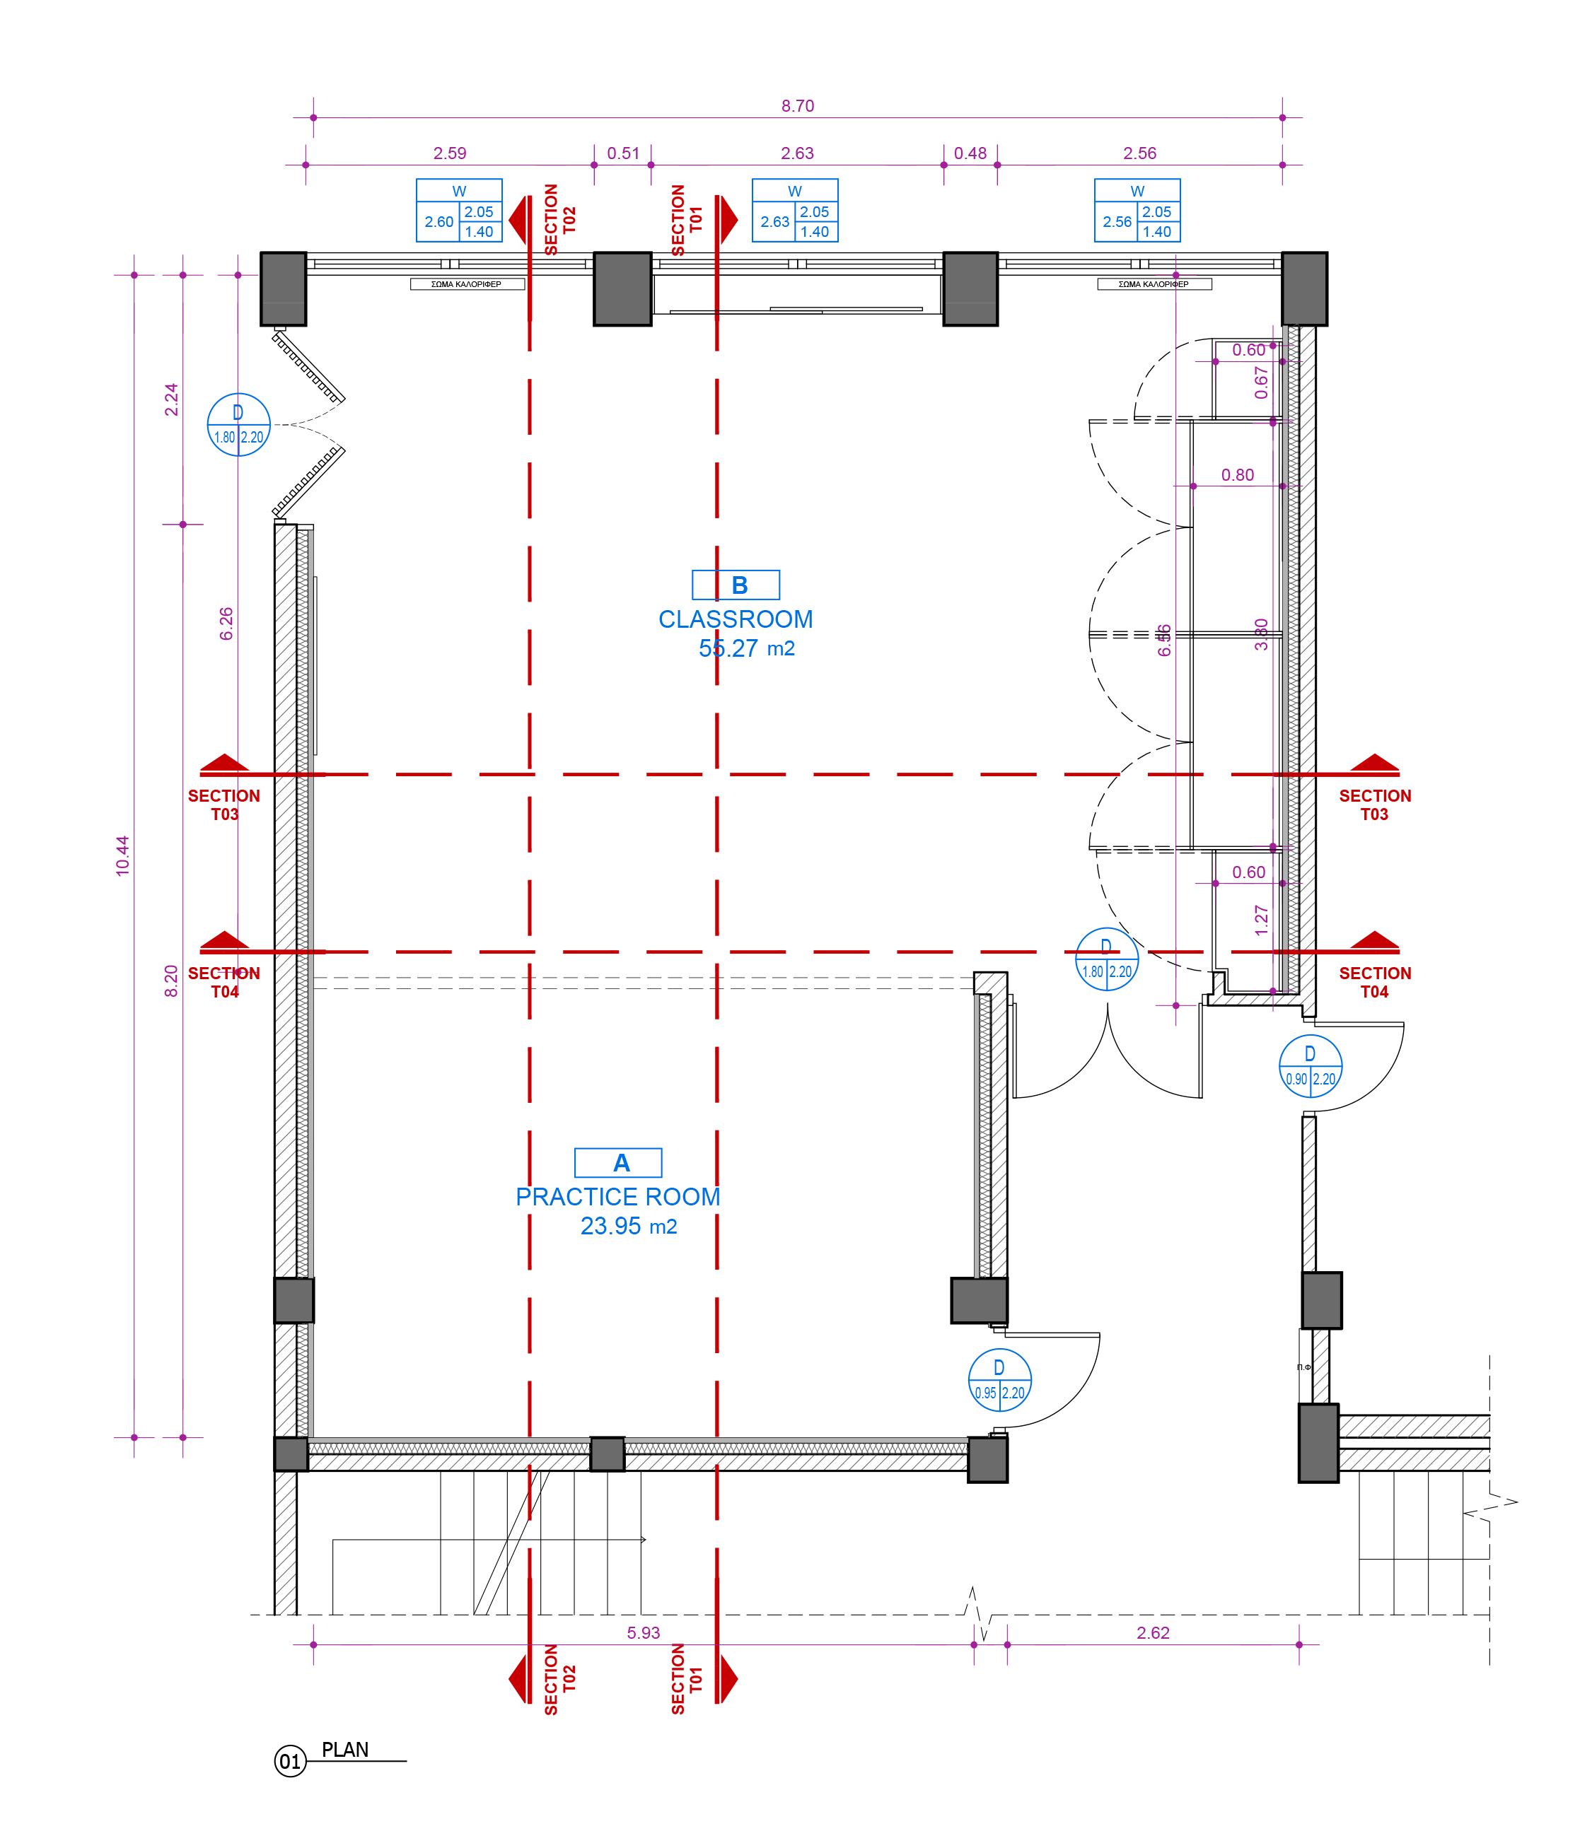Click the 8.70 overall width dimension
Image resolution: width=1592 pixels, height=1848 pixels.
click(x=797, y=106)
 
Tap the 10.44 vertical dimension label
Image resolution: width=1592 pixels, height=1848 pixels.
click(x=123, y=855)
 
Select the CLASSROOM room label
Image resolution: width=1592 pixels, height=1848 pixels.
click(x=736, y=619)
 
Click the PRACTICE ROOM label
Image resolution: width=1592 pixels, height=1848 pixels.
click(x=617, y=1197)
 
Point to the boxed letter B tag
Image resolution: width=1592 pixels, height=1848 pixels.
click(x=736, y=585)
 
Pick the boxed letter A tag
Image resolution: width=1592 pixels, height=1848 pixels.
click(x=618, y=1163)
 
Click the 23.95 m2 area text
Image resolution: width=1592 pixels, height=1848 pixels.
click(x=628, y=1227)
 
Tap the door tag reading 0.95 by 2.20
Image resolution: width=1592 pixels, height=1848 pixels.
click(x=999, y=1380)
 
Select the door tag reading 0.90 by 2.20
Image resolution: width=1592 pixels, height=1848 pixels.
click(x=1310, y=1067)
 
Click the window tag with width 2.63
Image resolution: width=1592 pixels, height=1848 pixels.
click(x=794, y=211)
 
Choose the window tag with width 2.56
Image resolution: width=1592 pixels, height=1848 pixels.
click(x=1137, y=211)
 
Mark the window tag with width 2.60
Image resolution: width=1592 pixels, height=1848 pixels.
click(x=459, y=211)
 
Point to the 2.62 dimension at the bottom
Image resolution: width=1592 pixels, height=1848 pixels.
click(x=1153, y=1633)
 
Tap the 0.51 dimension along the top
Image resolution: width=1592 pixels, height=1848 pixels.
click(x=623, y=153)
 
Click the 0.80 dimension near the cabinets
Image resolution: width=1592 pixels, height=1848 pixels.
click(x=1238, y=475)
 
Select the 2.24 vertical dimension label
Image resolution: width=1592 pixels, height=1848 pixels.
click(x=171, y=399)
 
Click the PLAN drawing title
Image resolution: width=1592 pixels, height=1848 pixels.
click(x=345, y=1750)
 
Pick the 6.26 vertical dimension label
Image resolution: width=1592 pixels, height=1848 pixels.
click(x=226, y=623)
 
